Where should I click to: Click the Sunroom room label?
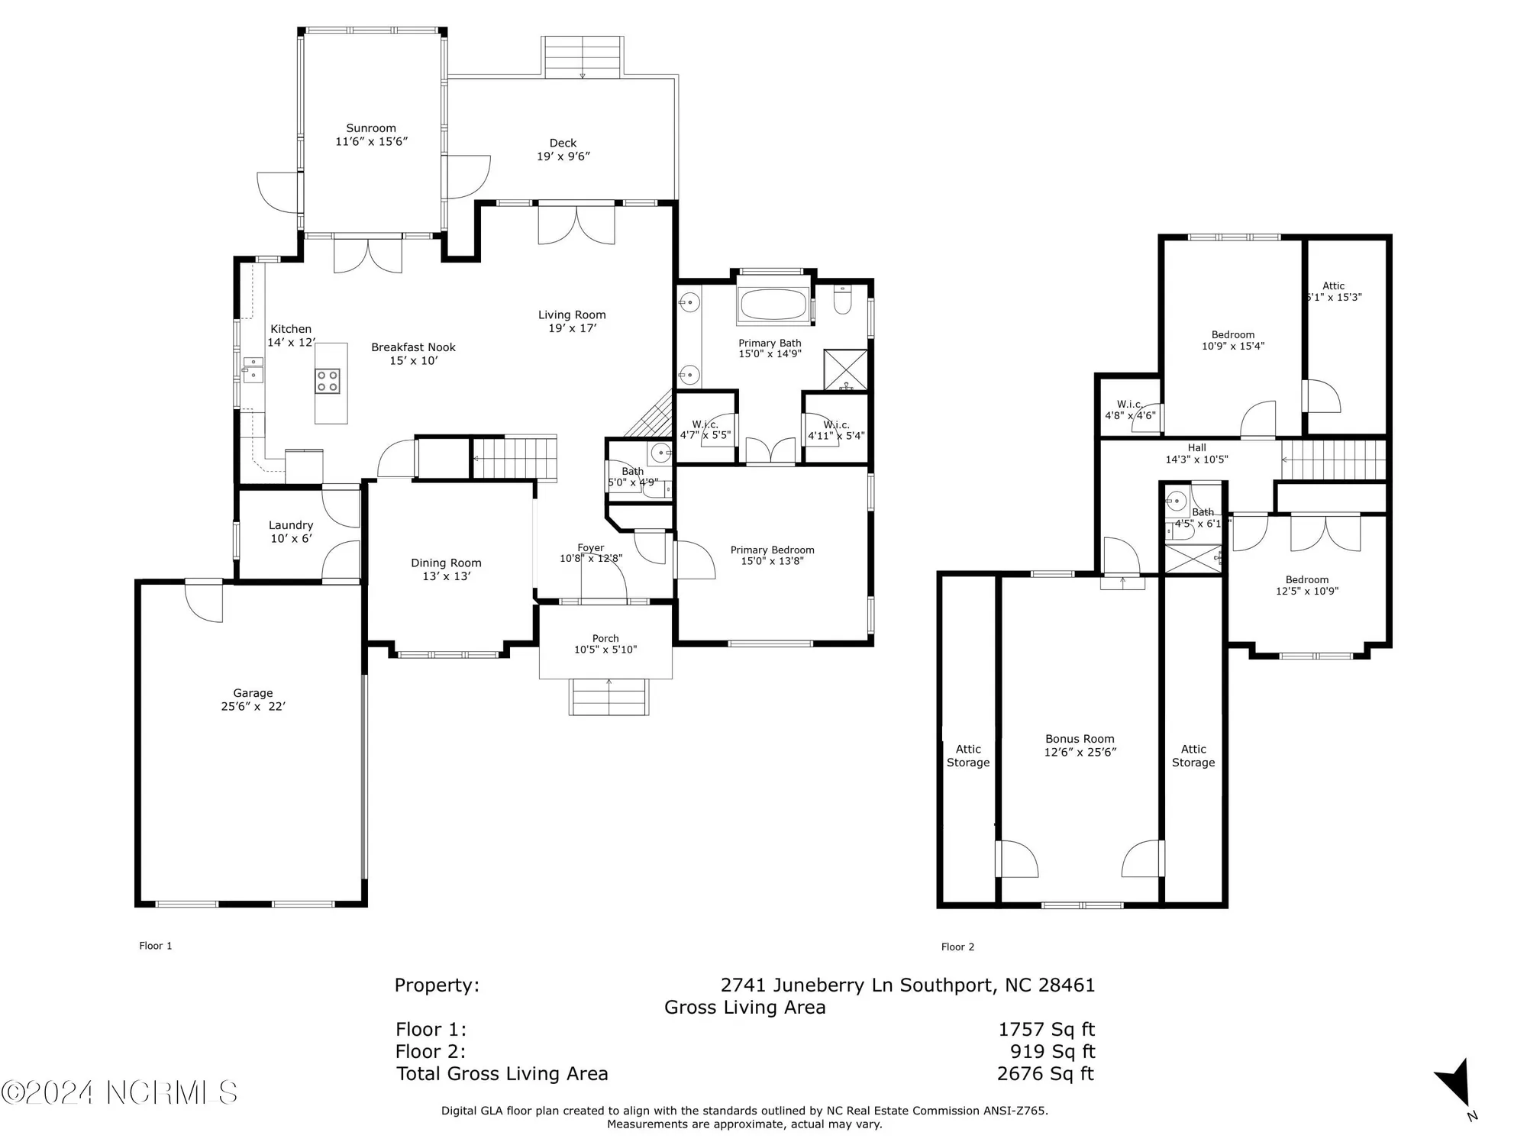(x=371, y=128)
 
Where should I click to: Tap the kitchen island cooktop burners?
(x=328, y=381)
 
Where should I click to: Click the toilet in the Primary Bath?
(x=843, y=301)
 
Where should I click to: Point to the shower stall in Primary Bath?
(x=845, y=370)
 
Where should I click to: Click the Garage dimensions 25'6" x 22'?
(x=253, y=707)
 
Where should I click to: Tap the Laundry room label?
(x=290, y=525)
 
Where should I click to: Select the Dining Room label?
(x=446, y=563)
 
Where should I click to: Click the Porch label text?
(x=605, y=638)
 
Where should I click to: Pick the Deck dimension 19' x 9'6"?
(x=563, y=156)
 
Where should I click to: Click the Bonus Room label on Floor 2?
(x=1080, y=739)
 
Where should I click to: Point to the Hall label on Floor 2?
(x=1196, y=448)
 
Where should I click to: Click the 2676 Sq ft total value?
(x=1045, y=1074)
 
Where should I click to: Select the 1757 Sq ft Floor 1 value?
(x=1046, y=1030)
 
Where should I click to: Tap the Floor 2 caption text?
(x=957, y=947)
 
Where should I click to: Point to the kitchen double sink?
(x=252, y=370)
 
